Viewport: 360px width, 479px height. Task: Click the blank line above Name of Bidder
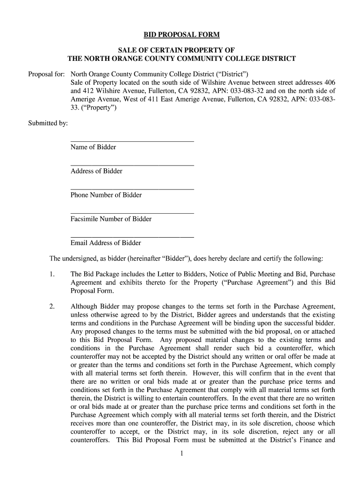pyautogui.click(x=132, y=140)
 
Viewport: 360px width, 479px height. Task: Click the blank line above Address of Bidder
pyautogui.click(x=132, y=165)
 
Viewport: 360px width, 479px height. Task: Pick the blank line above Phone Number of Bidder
pyautogui.click(x=132, y=189)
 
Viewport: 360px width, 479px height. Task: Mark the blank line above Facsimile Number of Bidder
pyautogui.click(x=132, y=213)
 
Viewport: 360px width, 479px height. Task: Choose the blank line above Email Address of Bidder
pyautogui.click(x=132, y=237)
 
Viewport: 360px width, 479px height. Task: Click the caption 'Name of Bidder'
pyautogui.click(x=93, y=147)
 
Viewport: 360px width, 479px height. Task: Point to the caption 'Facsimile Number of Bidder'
pyautogui.click(x=111, y=219)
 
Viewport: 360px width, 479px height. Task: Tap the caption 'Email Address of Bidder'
pyautogui.click(x=106, y=243)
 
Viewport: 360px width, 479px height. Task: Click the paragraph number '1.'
pyautogui.click(x=52, y=274)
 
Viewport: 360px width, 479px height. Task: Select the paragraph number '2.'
pyautogui.click(x=52, y=307)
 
